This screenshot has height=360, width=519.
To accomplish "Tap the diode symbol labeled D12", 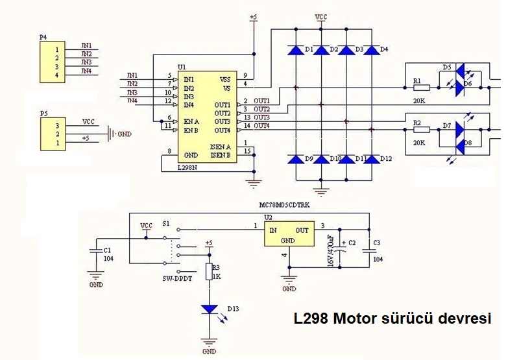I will tap(370, 159).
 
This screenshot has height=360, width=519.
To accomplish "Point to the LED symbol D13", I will tap(209, 310).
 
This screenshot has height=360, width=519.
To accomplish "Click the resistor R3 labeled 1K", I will tap(209, 272).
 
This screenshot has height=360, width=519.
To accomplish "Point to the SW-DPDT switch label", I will tap(176, 278).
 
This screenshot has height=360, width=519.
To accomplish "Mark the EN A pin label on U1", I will tap(191, 121).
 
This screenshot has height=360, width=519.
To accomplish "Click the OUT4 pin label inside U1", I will tap(223, 130).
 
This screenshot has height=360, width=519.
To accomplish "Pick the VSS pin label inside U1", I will tap(225, 79).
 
